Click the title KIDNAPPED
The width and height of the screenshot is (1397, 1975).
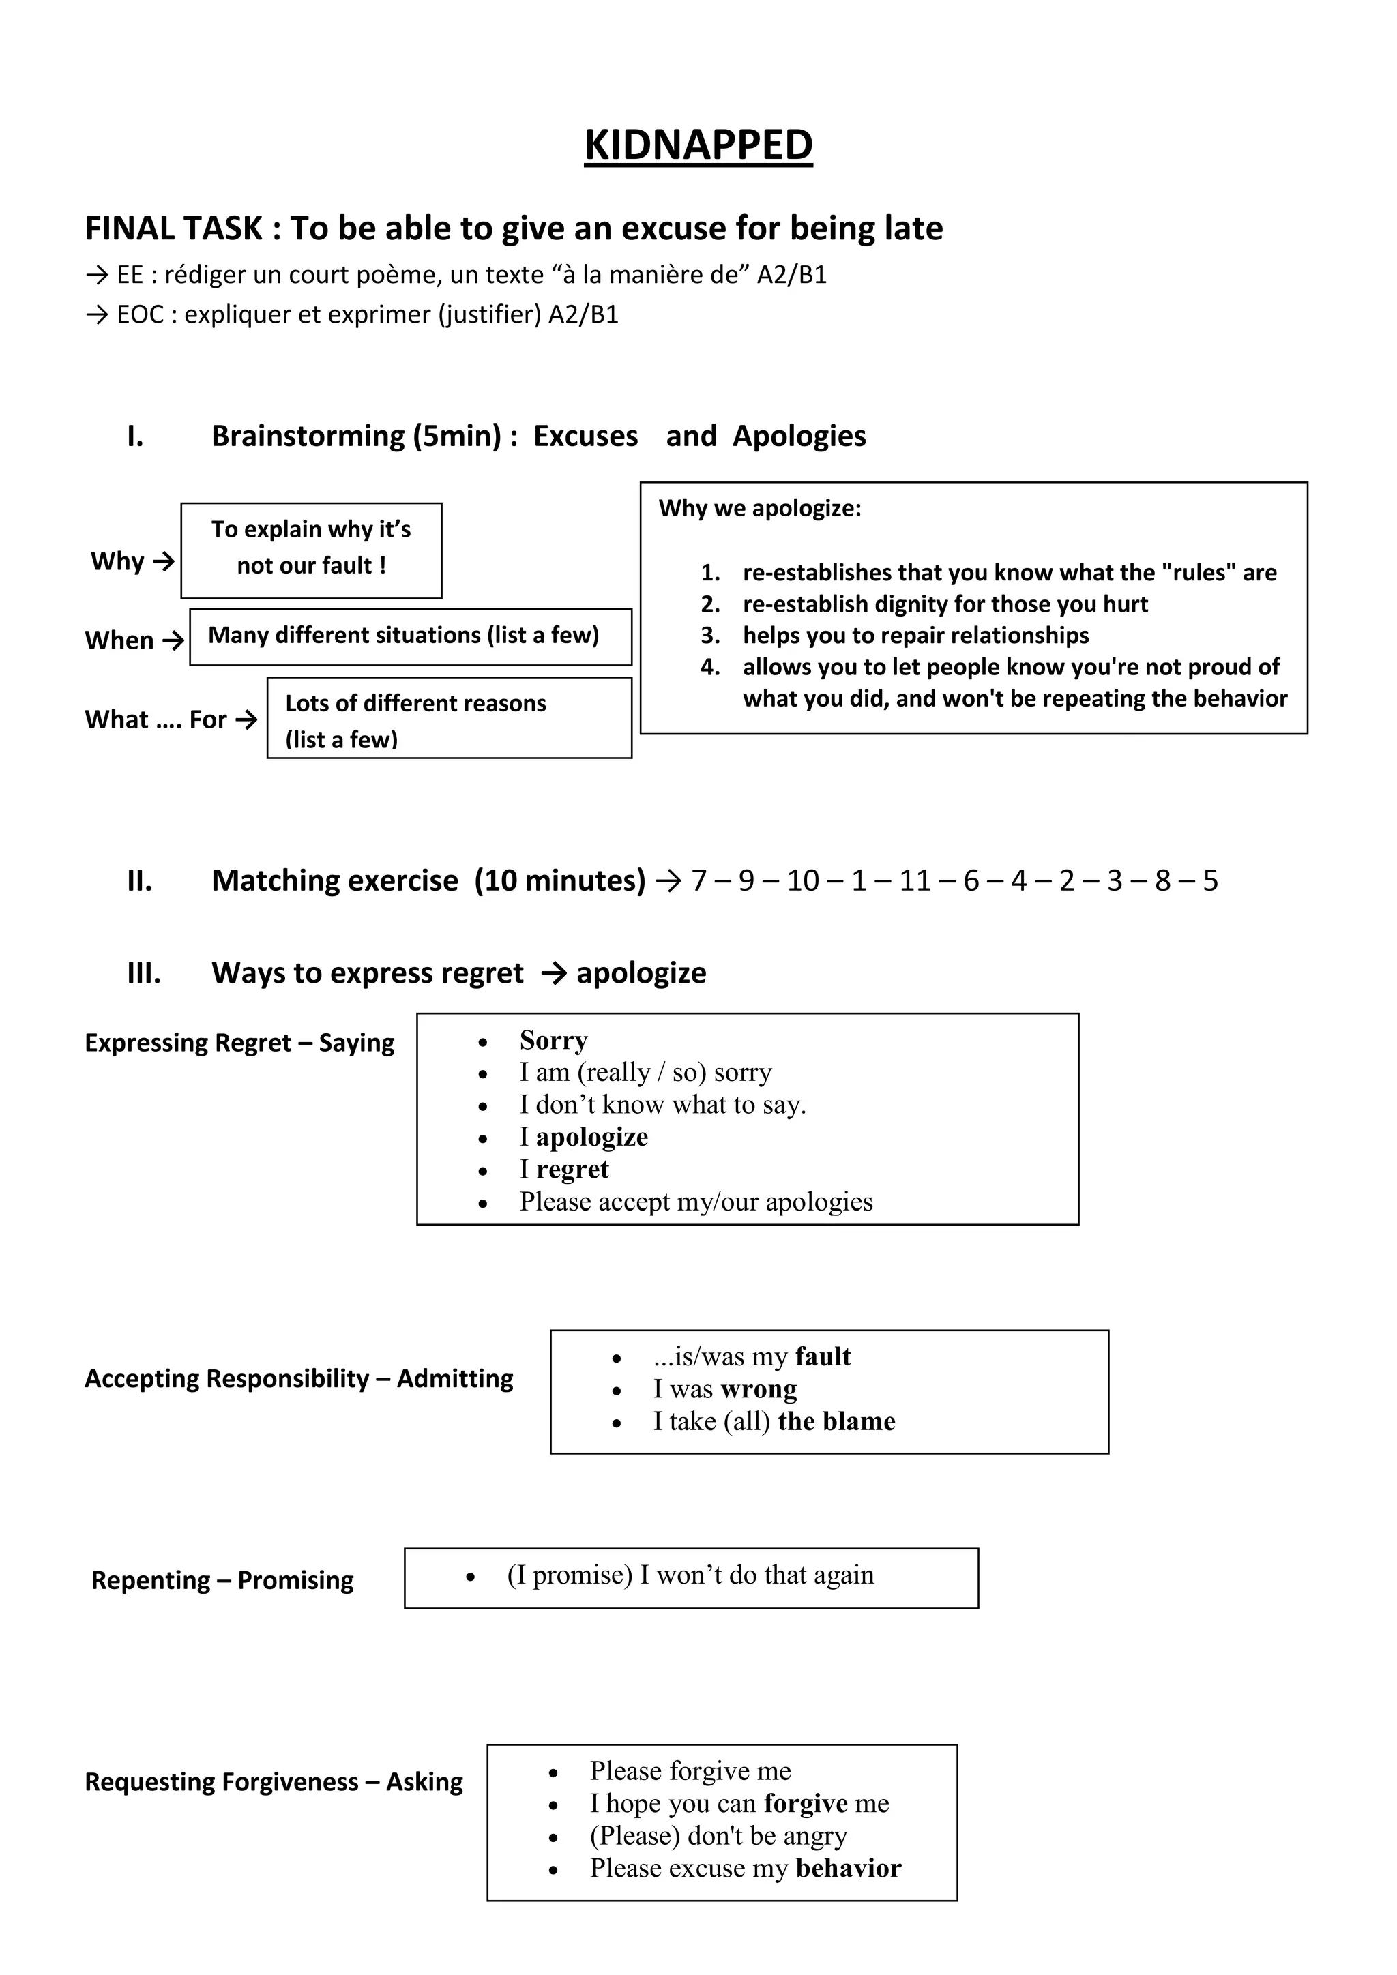coord(698,145)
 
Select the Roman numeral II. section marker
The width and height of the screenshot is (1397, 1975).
coord(139,881)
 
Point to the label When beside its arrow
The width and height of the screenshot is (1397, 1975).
coord(119,641)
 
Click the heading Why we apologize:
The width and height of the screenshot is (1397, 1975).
coord(760,508)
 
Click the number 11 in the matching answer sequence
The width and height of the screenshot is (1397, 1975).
coord(915,881)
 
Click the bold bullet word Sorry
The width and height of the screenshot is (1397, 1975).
coord(553,1041)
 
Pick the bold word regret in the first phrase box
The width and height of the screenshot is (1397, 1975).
coord(572,1170)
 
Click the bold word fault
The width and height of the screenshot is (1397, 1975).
coord(823,1356)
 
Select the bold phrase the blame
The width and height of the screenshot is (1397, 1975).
coord(836,1421)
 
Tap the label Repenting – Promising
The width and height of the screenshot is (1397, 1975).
coord(222,1581)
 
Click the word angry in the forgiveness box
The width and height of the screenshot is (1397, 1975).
coord(814,1836)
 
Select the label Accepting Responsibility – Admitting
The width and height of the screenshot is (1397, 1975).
coord(299,1379)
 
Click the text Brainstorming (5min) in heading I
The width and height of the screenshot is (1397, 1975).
coord(356,436)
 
